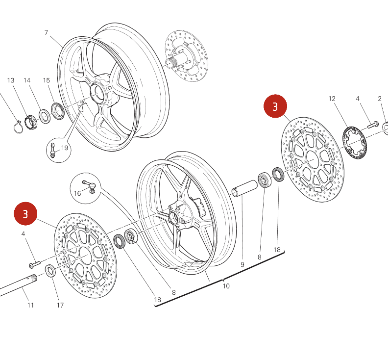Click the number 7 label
pos(46,33)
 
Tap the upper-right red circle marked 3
pos(275,106)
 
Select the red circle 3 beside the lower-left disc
pos(25,214)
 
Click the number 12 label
pos(332,99)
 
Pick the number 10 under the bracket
pos(226,286)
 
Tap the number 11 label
pos(30,305)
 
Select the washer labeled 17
pos(50,270)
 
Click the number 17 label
pos(60,305)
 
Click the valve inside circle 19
pos(53,150)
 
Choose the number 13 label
pos(11,80)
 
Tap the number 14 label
pos(27,80)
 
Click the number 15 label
pos(47,80)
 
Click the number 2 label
pos(380,99)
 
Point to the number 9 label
pos(242,265)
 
